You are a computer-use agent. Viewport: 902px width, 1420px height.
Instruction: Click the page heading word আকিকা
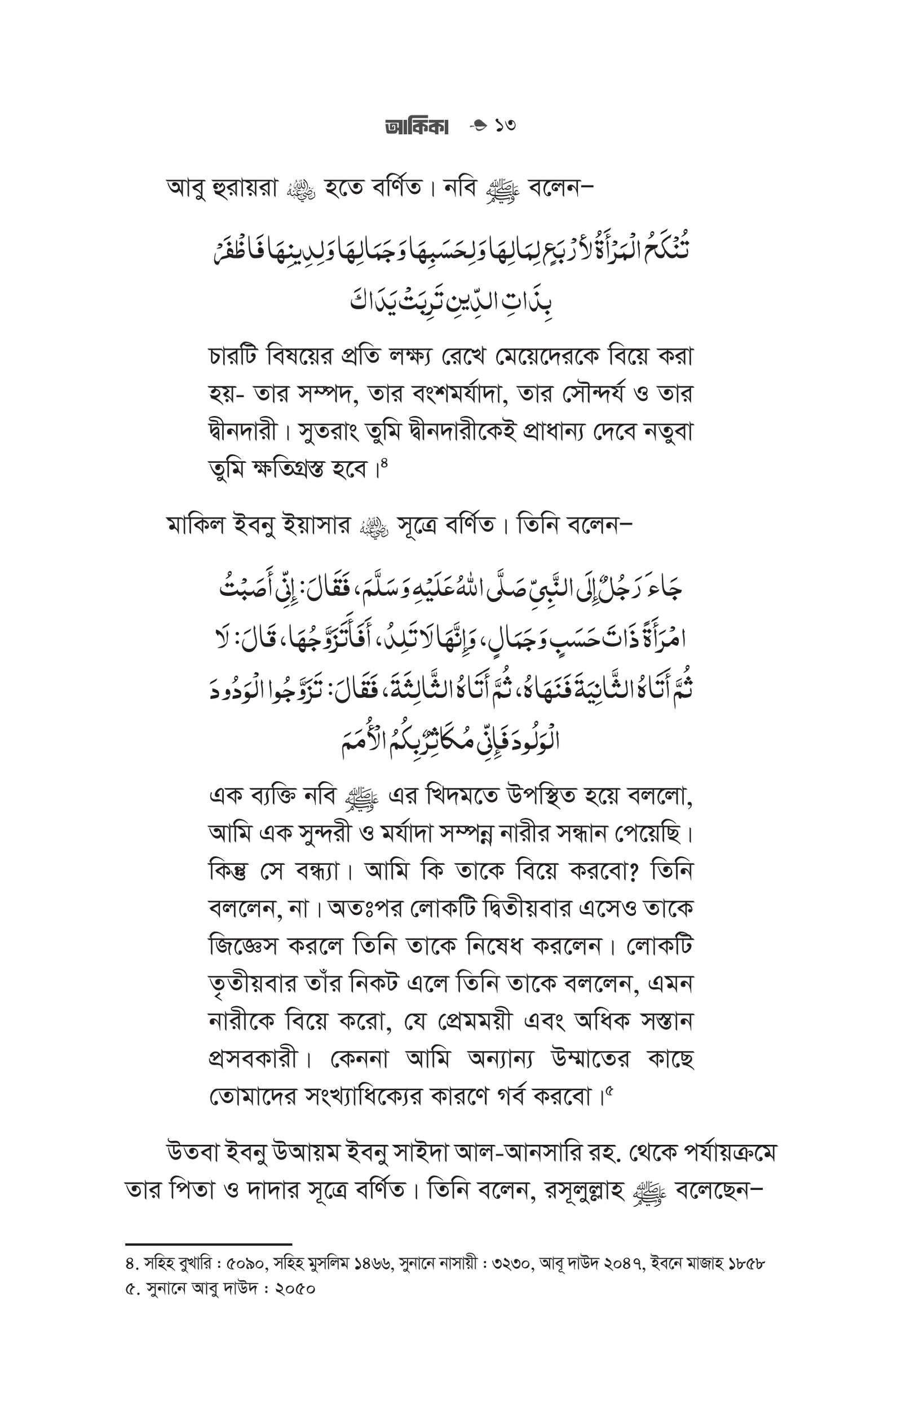(x=416, y=126)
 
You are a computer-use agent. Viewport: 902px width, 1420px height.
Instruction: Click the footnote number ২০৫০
(x=295, y=1289)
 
